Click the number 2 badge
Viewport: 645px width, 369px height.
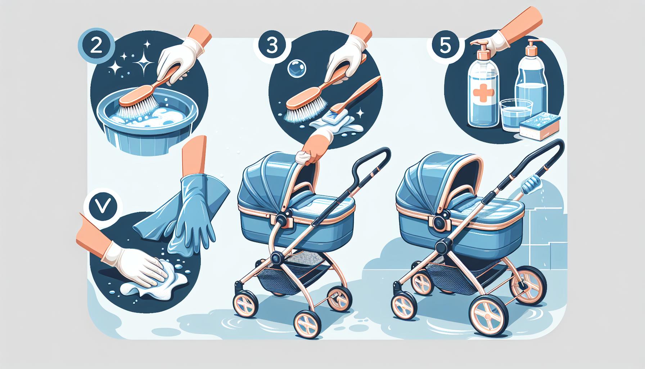point(96,49)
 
